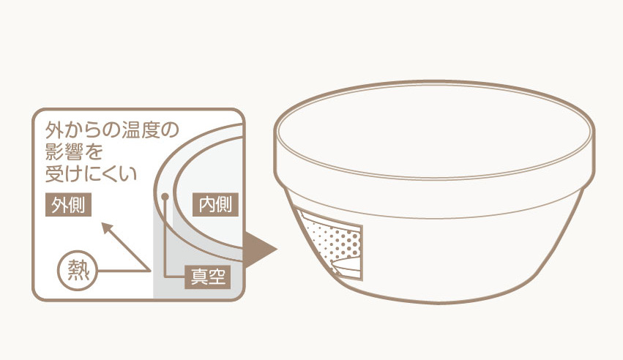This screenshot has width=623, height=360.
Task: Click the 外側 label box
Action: (x=68, y=204)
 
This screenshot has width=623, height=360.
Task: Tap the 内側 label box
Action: (x=215, y=204)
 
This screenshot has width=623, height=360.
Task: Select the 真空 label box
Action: (x=208, y=277)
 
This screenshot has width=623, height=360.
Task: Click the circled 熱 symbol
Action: (x=78, y=270)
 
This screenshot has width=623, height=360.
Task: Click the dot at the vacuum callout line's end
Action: (x=165, y=197)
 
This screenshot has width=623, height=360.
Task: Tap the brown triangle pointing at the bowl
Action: (x=258, y=250)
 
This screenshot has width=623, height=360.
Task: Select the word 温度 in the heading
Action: (x=143, y=130)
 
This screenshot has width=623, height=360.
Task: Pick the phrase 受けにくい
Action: (x=92, y=173)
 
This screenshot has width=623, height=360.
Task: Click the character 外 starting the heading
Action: (x=54, y=130)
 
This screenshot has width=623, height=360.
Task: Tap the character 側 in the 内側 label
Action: (x=225, y=205)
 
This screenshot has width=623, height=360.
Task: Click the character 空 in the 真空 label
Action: (x=217, y=277)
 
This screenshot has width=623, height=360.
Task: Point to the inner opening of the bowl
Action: (x=434, y=130)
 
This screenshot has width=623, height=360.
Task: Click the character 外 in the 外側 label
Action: (x=59, y=205)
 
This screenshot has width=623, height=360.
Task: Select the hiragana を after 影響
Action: (x=94, y=151)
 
